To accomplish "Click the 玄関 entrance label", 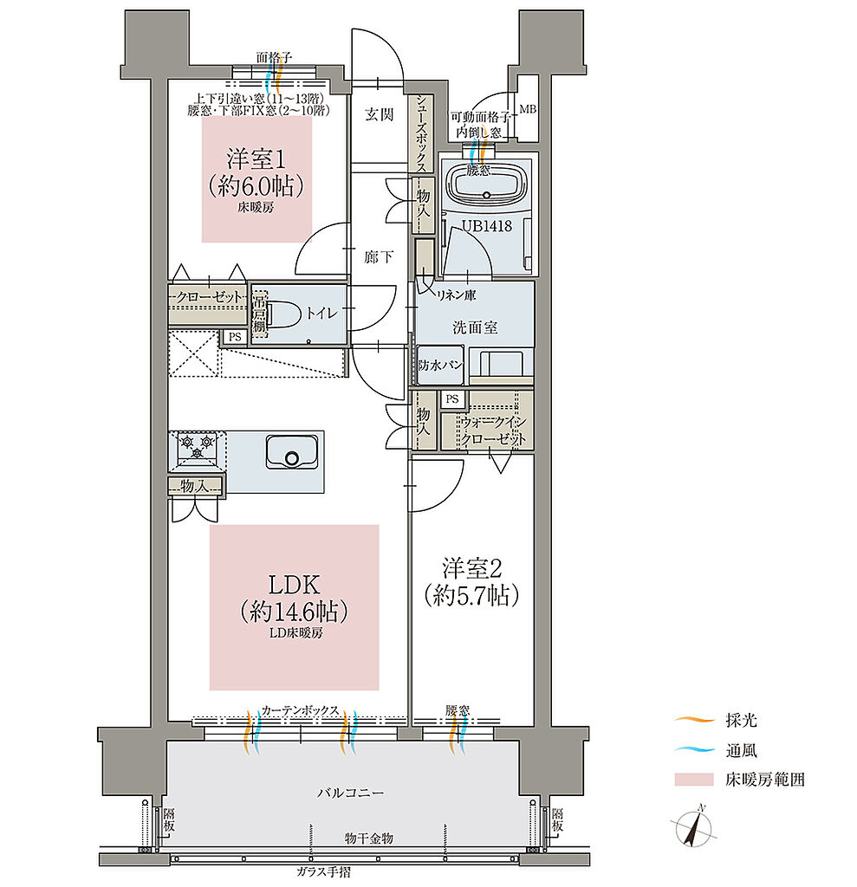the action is click(x=379, y=115).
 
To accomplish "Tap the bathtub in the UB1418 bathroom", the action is click(x=487, y=181).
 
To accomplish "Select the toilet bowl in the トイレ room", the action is click(x=283, y=314).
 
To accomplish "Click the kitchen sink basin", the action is click(x=291, y=451).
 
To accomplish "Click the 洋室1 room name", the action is click(x=256, y=159).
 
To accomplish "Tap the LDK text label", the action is click(x=295, y=584).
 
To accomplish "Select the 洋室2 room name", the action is click(x=472, y=568).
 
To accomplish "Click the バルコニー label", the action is click(x=350, y=793).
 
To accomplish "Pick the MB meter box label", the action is click(x=528, y=108).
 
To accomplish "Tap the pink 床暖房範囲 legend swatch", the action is click(x=694, y=780).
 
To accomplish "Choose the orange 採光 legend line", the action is click(x=695, y=720).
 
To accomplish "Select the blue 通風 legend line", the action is click(x=695, y=750).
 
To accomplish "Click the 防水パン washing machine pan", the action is click(x=440, y=365).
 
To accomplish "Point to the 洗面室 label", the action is click(x=474, y=327).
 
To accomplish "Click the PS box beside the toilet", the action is click(x=235, y=337).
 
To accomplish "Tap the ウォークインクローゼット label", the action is click(x=493, y=430).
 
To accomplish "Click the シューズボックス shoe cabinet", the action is click(x=422, y=133).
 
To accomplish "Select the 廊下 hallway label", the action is click(x=379, y=257).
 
